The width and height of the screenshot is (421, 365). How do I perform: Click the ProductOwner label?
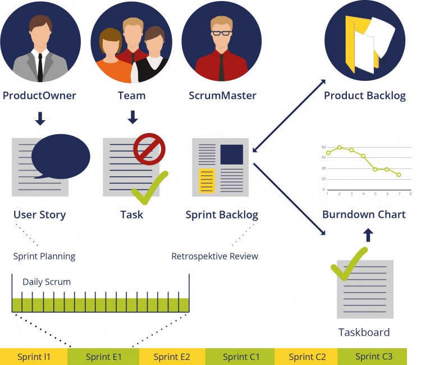coord(39,95)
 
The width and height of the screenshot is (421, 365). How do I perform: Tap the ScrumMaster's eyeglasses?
coord(221,32)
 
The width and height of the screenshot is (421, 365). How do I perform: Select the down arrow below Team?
coord(132,117)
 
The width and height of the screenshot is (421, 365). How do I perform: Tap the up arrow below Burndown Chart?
coord(368,235)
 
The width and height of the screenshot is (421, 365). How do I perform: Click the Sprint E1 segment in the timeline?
coord(103,357)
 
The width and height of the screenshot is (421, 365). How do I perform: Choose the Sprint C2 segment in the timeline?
coord(306,357)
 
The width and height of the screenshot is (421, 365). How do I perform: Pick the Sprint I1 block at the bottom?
coord(34,357)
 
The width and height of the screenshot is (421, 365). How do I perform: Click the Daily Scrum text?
coord(47,282)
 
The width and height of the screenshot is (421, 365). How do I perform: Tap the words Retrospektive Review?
coord(214,256)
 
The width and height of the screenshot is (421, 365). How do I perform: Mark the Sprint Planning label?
coord(44,256)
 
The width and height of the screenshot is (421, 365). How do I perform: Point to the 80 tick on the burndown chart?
coord(324,147)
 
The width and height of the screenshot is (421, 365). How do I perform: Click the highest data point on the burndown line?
coord(340,147)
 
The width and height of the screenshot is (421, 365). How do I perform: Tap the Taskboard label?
coord(364,332)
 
